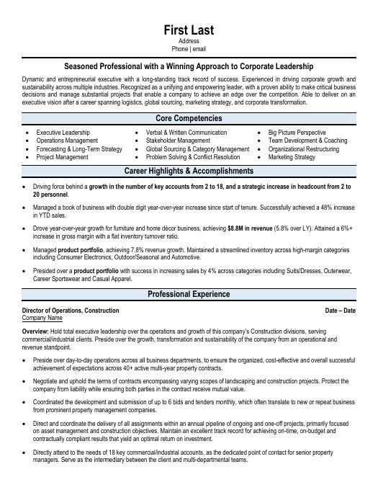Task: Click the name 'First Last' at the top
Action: point(189,30)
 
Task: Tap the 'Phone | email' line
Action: point(189,49)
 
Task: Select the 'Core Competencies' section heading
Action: point(189,118)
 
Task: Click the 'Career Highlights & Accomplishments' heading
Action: point(189,171)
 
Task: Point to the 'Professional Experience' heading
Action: point(189,294)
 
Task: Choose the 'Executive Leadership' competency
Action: point(63,133)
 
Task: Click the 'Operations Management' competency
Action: point(67,141)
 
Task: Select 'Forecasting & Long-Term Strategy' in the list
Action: point(79,148)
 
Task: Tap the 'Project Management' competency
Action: point(63,156)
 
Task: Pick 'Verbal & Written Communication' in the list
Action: point(186,133)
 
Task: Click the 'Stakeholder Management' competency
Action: point(178,141)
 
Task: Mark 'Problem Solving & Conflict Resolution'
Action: point(192,156)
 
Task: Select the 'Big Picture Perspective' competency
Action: point(297,133)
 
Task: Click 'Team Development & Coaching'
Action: point(307,141)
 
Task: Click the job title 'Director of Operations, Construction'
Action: point(71,310)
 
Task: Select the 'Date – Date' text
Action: point(341,310)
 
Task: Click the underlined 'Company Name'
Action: point(42,317)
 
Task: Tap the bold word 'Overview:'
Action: point(36,330)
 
